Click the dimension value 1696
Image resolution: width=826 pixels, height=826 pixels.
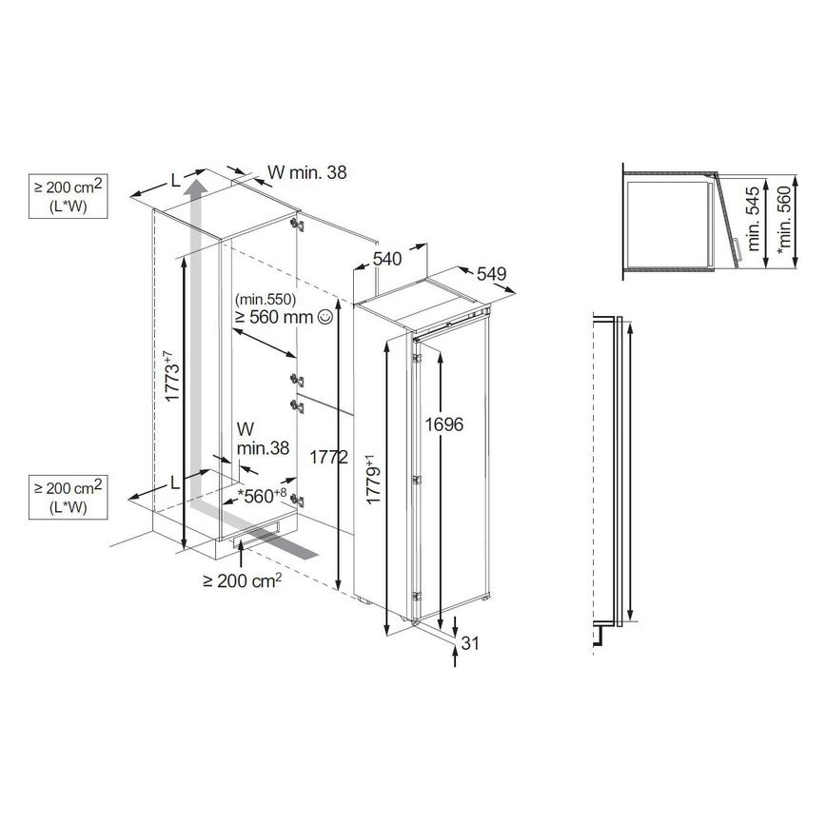pos(445,425)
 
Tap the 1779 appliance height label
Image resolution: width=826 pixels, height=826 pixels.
pos(376,483)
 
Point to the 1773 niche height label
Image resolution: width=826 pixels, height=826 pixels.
pos(169,378)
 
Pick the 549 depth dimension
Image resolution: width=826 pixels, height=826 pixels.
pos(490,274)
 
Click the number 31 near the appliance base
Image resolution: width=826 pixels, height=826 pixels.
pos(469,644)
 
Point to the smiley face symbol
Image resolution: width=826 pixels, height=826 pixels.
pos(325,317)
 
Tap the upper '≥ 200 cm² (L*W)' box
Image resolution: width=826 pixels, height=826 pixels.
pos(67,196)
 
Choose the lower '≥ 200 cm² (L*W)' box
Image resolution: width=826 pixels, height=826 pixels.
pos(67,496)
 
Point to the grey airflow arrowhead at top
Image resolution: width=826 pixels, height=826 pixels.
pos(195,184)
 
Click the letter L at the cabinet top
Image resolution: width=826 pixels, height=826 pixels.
pos(175,179)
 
